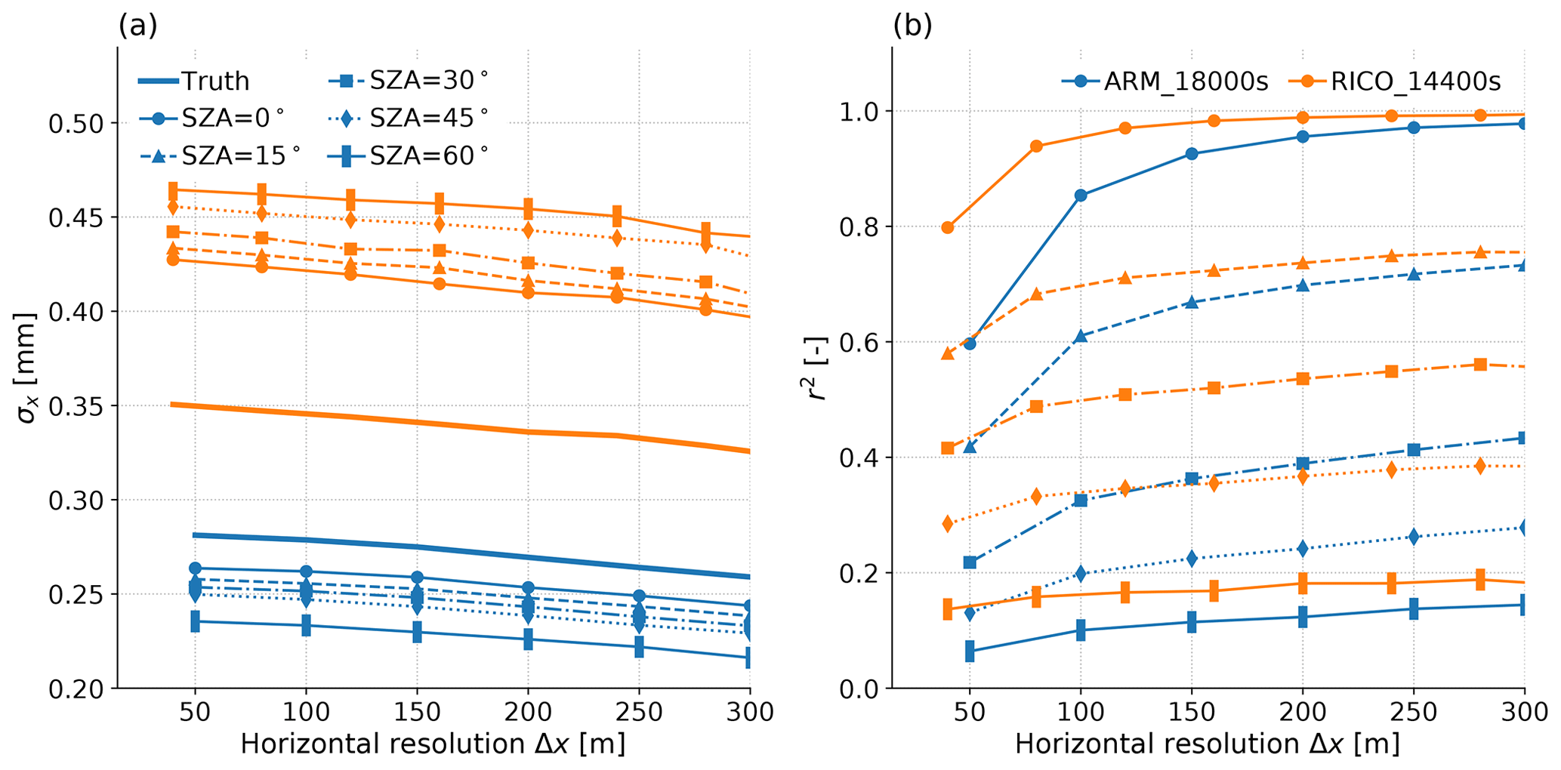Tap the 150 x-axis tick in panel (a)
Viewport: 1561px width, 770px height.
(416, 712)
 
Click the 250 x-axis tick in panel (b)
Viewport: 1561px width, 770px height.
(1414, 712)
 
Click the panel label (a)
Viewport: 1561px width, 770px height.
(137, 26)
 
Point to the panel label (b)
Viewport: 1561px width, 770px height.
(912, 26)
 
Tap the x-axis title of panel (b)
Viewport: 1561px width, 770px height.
(1207, 744)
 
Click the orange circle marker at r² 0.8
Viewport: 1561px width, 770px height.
(948, 227)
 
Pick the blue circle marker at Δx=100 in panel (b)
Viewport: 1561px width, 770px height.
(1081, 196)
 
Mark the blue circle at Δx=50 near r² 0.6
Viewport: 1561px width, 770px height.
(970, 343)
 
